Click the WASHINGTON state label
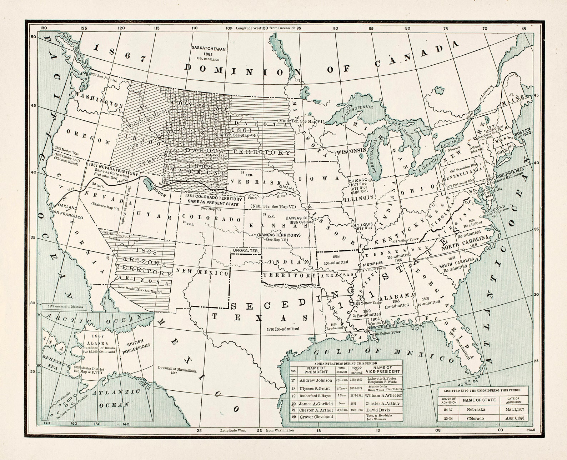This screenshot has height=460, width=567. click(99, 100)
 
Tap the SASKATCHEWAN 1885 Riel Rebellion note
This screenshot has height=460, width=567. click(209, 53)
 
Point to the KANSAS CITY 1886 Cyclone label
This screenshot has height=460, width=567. click(299, 220)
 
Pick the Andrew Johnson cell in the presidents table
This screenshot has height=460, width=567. click(315, 380)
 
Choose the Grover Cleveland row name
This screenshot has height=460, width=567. click(316, 416)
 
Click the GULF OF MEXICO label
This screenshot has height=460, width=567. click(378, 355)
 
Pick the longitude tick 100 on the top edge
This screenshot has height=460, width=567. click(264, 28)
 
